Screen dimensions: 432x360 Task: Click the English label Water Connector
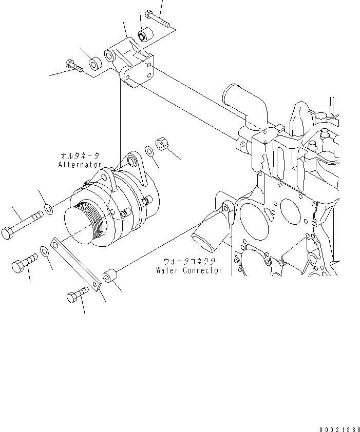click(x=189, y=270)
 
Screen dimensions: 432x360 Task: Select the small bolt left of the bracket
click(x=74, y=66)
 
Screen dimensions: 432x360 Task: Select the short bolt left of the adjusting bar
click(x=24, y=263)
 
